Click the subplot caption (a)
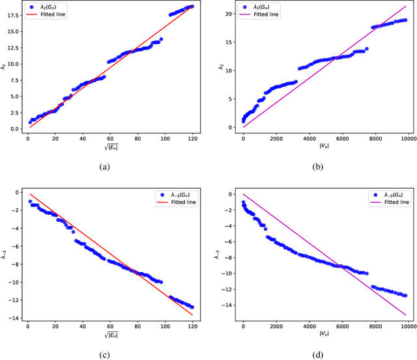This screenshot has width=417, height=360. (104, 167)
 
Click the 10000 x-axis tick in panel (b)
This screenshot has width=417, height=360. (406, 139)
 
